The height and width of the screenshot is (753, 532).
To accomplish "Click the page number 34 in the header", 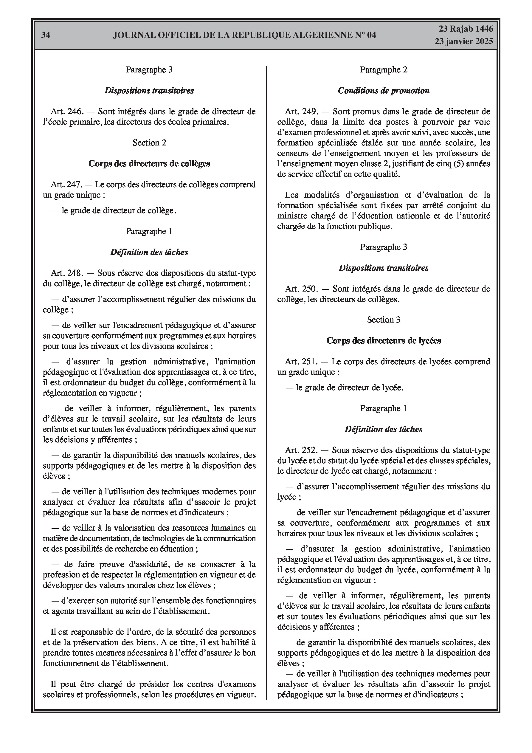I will [x=46, y=35].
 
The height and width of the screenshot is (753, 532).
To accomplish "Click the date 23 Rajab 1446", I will [x=466, y=29].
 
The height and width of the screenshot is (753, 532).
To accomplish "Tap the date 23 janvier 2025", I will [x=464, y=41].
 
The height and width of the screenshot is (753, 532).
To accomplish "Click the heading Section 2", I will [x=149, y=143].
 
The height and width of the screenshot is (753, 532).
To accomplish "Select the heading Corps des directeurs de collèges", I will [x=149, y=164].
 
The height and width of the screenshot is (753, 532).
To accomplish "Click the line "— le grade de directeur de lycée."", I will [x=345, y=388].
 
